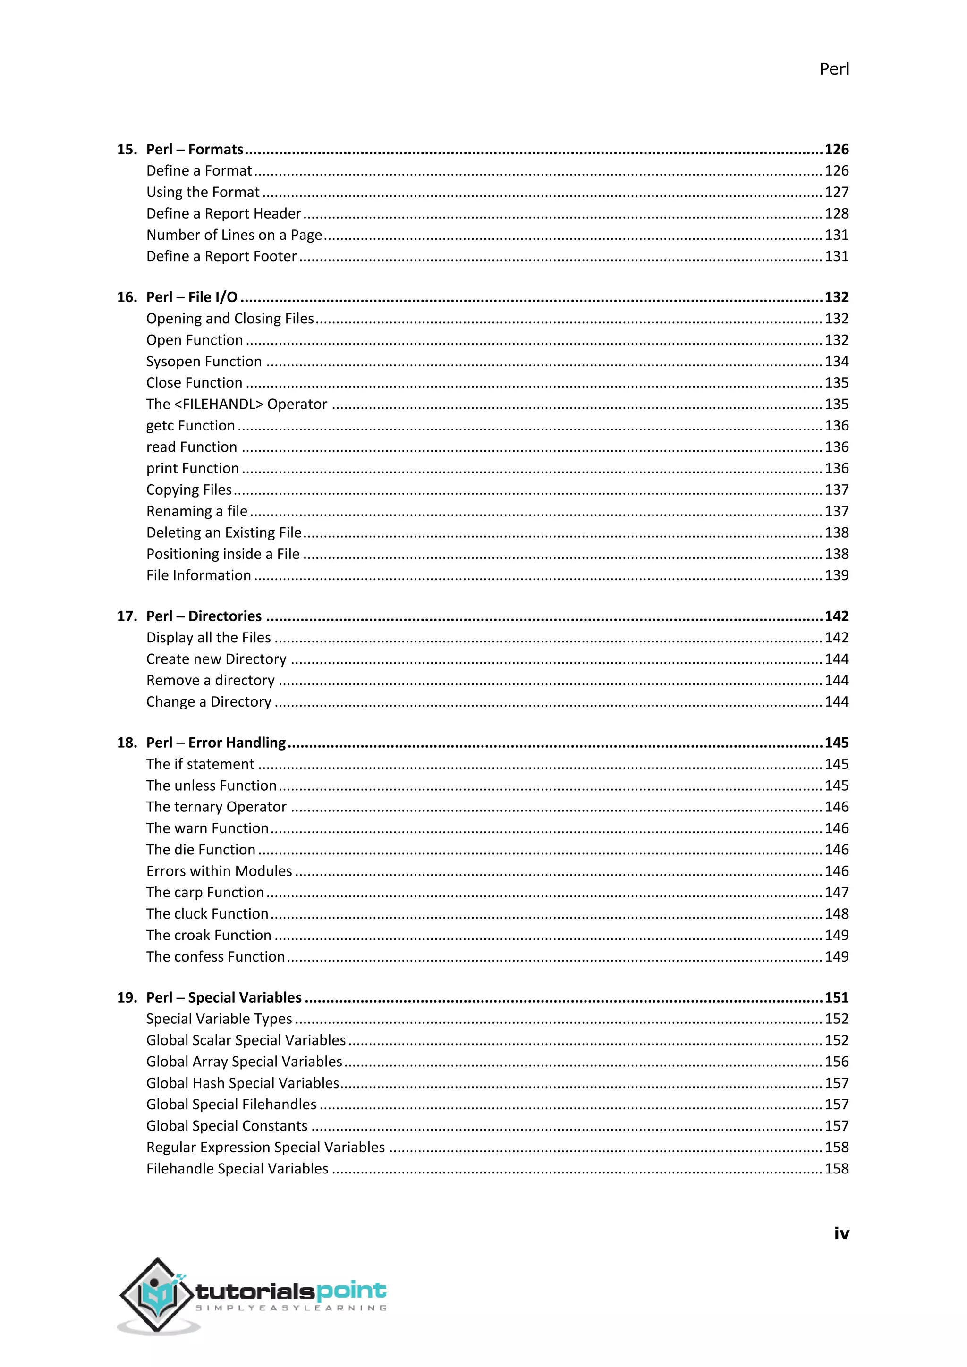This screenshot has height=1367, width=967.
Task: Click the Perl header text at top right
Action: [x=834, y=69]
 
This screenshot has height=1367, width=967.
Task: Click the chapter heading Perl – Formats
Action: [x=195, y=150]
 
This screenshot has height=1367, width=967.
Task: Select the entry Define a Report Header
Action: [x=223, y=214]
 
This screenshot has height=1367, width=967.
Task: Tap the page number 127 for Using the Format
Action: [x=836, y=192]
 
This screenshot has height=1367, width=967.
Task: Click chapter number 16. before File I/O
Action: [x=127, y=297]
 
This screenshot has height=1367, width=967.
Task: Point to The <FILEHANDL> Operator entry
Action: [x=237, y=404]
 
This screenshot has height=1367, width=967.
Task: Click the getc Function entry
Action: [x=191, y=426]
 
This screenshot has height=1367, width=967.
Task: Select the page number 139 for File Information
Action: [x=836, y=575]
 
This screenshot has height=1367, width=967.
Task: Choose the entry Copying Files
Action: [x=189, y=490]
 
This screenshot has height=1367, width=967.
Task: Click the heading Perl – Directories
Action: [x=204, y=616]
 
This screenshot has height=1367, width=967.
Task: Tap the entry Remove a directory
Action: [x=210, y=681]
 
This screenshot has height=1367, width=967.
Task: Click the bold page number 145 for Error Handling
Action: [x=836, y=743]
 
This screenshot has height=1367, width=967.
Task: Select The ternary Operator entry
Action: [x=216, y=807]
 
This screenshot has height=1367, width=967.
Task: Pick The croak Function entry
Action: [x=208, y=936]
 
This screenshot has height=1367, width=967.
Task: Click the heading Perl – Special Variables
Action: [x=224, y=997]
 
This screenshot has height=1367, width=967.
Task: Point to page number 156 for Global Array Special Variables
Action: [x=836, y=1062]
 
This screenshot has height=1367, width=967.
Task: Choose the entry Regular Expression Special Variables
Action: [x=265, y=1148]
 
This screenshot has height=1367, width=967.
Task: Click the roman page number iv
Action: [x=841, y=1233]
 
